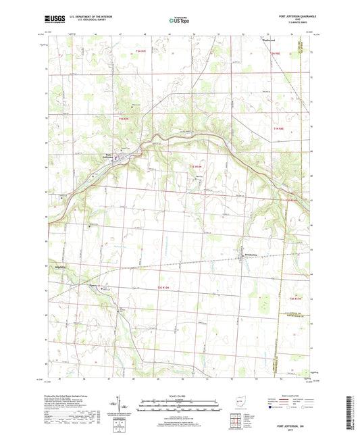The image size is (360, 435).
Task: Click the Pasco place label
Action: click(94, 284)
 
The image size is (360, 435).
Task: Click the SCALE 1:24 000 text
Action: click(179, 395)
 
